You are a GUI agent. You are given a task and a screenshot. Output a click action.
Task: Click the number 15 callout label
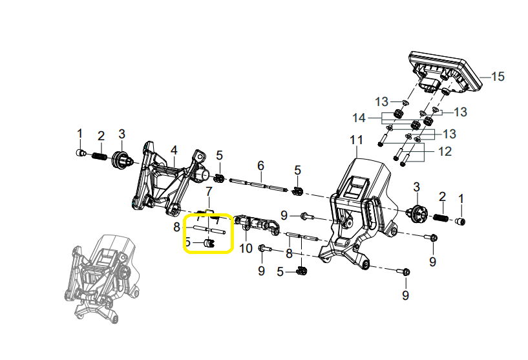click(497, 77)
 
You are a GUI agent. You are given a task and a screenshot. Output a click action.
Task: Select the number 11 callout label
click(357, 140)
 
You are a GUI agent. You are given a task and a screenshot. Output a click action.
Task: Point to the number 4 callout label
click(174, 151)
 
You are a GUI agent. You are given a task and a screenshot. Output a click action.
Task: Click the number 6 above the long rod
click(260, 166)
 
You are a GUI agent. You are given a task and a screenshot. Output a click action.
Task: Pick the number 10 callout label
click(246, 248)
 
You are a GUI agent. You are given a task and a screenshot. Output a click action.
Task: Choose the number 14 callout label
click(377, 118)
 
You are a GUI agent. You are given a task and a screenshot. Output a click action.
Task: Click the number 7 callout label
click(209, 191)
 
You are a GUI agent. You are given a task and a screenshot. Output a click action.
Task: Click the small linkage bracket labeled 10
click(257, 225)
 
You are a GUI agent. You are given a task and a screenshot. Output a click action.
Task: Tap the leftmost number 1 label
click(80, 134)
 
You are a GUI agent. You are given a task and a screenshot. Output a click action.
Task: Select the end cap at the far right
click(460, 222)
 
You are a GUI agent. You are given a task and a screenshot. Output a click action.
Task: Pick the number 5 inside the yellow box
click(188, 242)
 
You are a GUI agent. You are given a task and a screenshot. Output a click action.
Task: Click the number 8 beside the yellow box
click(176, 227)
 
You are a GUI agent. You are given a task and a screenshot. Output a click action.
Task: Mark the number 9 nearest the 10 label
click(262, 270)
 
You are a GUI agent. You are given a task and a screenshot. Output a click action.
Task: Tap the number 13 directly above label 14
click(382, 101)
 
